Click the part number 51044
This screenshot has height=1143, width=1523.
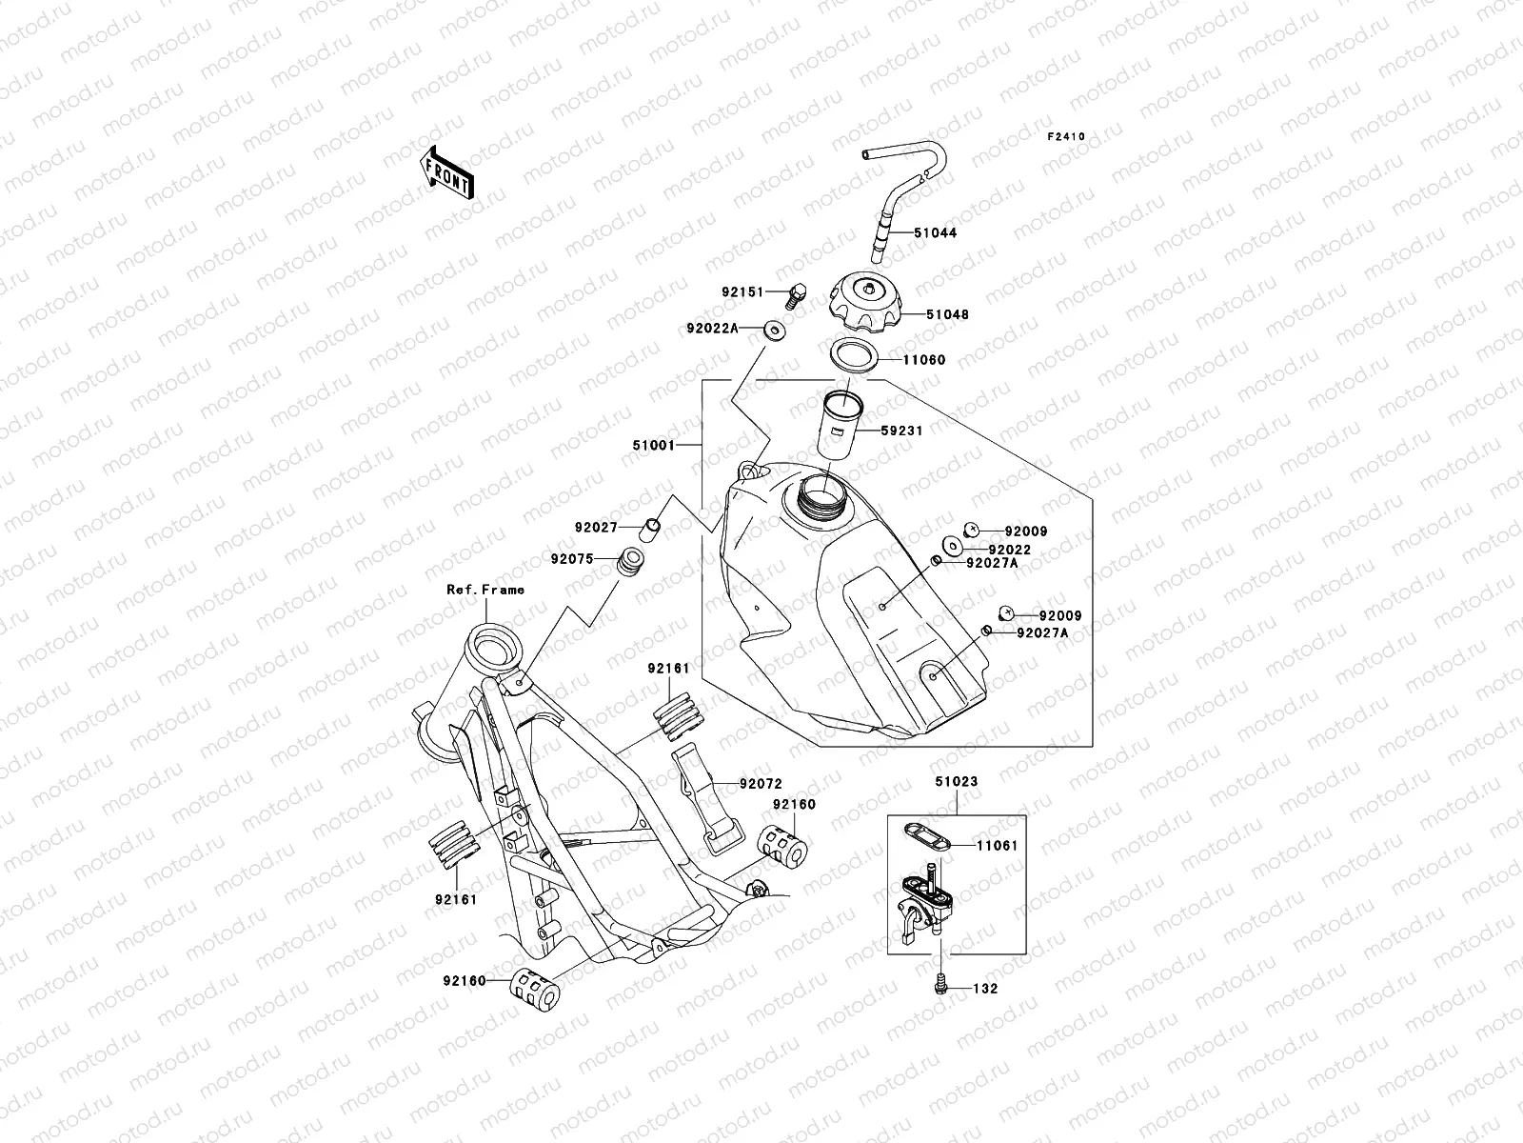(x=936, y=232)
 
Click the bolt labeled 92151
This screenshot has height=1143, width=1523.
(x=799, y=294)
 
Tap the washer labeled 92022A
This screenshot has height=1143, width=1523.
(x=773, y=331)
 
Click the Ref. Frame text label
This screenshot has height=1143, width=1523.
(x=485, y=590)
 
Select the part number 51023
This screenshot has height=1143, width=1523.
(x=957, y=781)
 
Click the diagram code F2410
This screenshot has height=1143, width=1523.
(x=1066, y=137)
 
